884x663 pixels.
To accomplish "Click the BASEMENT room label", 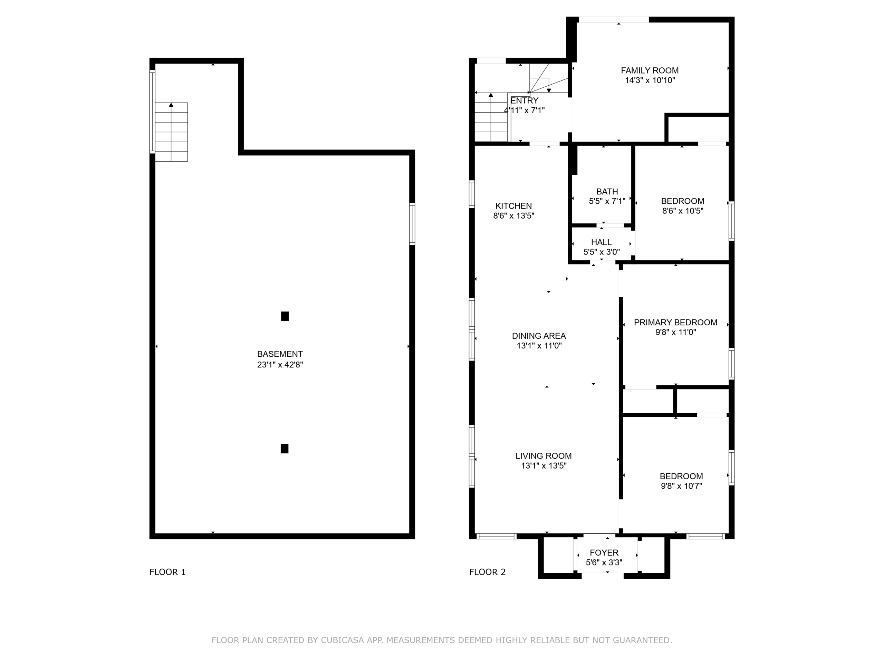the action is [280, 354].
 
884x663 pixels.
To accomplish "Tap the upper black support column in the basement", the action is [285, 316].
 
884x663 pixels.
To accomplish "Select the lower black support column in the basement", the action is [285, 449].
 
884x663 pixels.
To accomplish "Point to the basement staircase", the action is [171, 132].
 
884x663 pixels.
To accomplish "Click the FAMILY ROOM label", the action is [650, 70].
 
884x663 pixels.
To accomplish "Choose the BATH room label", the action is [607, 191].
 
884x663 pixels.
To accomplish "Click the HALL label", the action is [602, 242].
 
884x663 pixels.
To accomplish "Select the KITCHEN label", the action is [513, 206].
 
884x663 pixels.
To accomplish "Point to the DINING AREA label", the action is [539, 336].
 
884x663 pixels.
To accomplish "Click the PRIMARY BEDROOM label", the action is [675, 322].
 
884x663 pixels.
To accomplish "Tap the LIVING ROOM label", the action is [544, 455].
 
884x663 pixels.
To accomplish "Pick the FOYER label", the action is [604, 553].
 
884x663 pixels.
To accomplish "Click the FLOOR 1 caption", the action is [167, 572].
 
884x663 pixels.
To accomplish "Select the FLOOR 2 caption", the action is [487, 572].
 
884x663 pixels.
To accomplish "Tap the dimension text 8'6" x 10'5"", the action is [683, 211].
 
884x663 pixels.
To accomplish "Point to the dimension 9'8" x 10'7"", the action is [681, 486].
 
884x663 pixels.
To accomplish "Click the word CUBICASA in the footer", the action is [343, 640].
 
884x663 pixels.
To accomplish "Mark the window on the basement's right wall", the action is [412, 224].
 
